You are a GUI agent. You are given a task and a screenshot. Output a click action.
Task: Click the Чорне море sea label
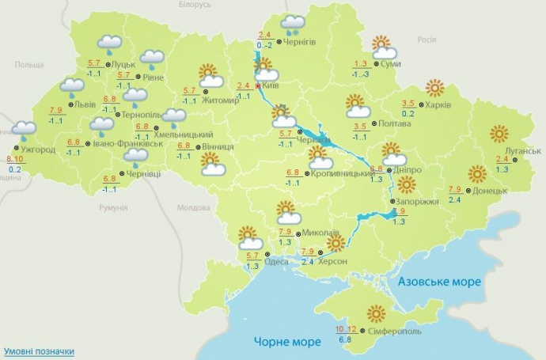[x=287, y=342]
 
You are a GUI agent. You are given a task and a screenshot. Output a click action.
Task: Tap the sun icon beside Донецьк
[x=476, y=173]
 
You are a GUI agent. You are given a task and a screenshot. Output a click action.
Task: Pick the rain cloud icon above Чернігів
[x=294, y=24]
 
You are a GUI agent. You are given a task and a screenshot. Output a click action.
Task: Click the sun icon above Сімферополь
[x=377, y=313]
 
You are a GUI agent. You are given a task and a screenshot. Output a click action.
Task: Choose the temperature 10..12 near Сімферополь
[x=345, y=328]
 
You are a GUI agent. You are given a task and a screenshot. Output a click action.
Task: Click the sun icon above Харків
[x=434, y=87]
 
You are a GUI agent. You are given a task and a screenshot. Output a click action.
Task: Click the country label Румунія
[x=114, y=207]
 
